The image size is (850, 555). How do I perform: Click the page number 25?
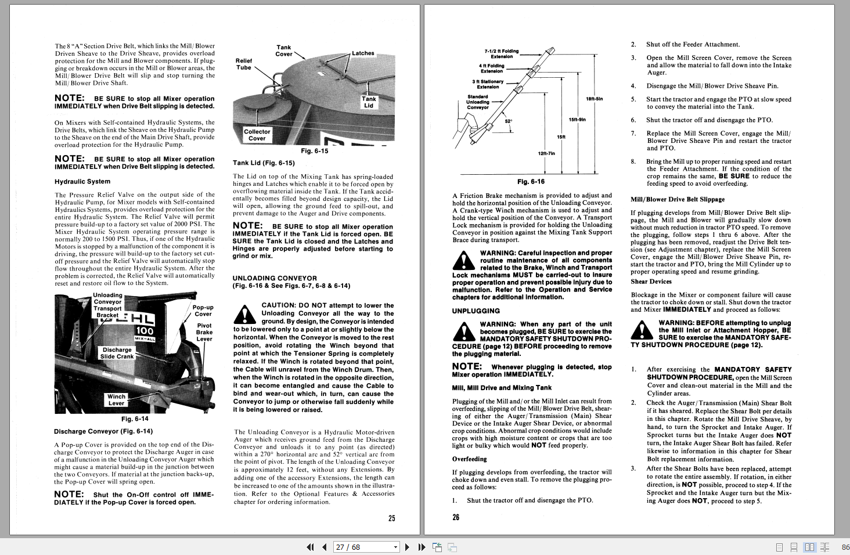[x=392, y=518]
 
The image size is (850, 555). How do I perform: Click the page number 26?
[x=456, y=517]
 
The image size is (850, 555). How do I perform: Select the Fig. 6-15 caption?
[x=314, y=151]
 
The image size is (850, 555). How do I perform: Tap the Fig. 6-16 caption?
[x=531, y=182]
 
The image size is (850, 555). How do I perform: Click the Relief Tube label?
[x=244, y=64]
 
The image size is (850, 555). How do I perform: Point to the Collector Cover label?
[x=257, y=135]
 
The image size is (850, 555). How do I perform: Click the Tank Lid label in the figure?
[x=369, y=102]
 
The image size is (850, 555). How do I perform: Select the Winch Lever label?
[x=116, y=400]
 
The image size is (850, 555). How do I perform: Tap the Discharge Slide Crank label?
[x=117, y=353]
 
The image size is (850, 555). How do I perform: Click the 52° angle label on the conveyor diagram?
[x=509, y=121]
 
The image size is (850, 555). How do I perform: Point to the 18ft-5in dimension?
[x=595, y=99]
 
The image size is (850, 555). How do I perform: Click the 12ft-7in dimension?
[x=546, y=153]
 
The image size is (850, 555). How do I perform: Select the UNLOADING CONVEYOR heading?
[x=275, y=278]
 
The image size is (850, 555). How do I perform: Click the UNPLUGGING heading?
[x=476, y=311]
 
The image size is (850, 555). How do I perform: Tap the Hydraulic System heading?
[x=82, y=182]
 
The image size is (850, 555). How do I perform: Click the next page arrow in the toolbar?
[x=407, y=547]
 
